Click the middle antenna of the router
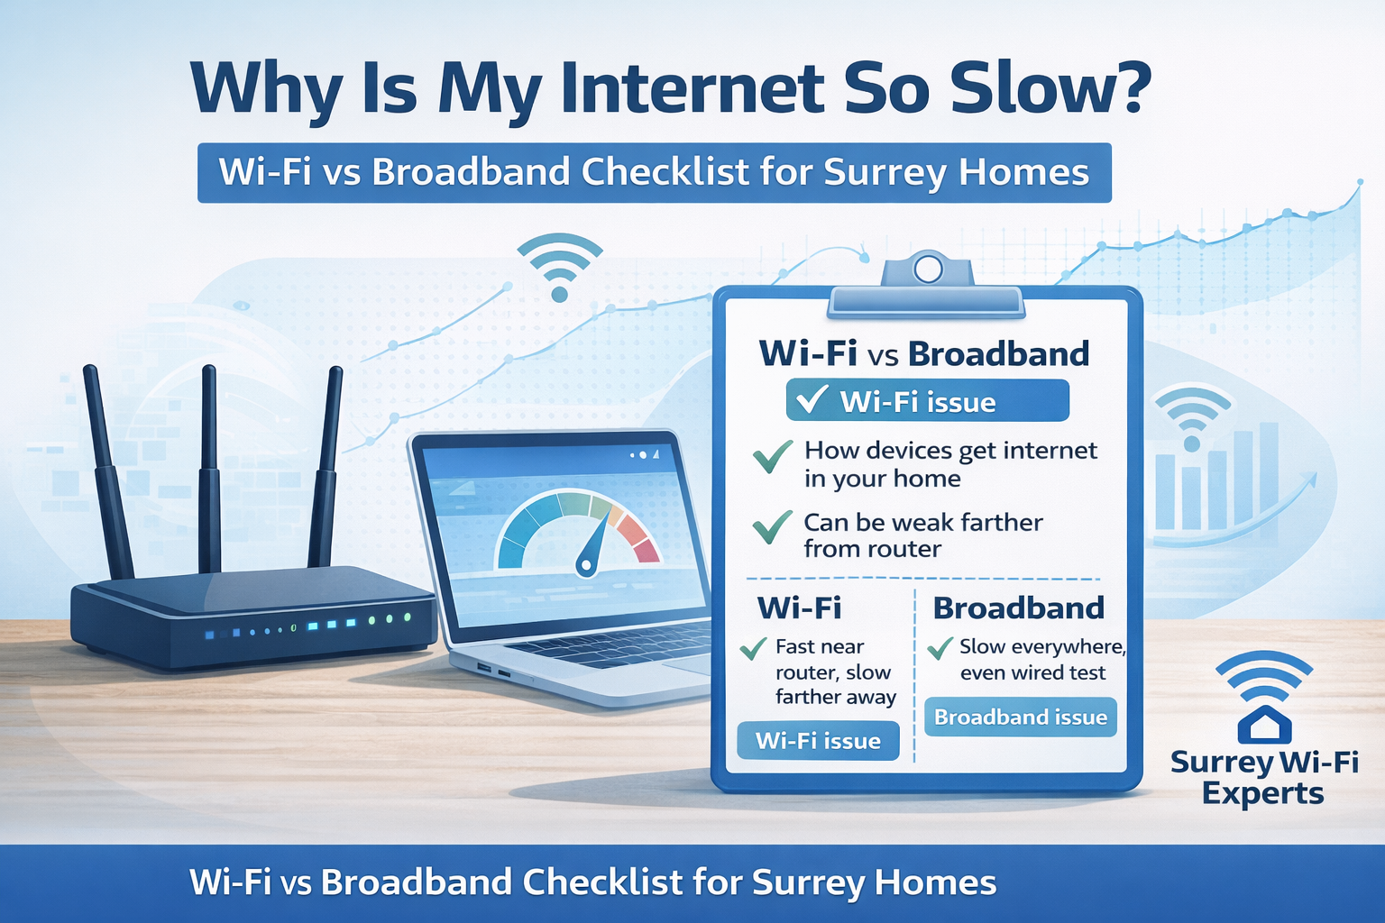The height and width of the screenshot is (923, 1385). pyautogui.click(x=209, y=469)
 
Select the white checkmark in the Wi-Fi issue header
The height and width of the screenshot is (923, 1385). pyautogui.click(x=812, y=399)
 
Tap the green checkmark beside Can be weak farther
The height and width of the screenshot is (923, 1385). pyautogui.click(x=772, y=527)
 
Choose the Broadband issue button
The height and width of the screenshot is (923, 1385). pyautogui.click(x=1020, y=717)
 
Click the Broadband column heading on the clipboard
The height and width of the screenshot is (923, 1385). pyautogui.click(x=1018, y=608)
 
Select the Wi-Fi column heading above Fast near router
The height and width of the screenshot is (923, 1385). pyautogui.click(x=799, y=608)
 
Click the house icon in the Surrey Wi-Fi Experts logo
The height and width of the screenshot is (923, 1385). pyautogui.click(x=1264, y=724)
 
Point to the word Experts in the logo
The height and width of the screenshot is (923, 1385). pyautogui.click(x=1262, y=794)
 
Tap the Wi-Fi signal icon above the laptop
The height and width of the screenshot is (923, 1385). pyautogui.click(x=559, y=266)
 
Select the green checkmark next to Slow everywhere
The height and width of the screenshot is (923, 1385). pyautogui.click(x=940, y=647)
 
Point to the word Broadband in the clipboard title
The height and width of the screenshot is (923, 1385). pyautogui.click(x=998, y=354)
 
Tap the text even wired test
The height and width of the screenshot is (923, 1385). pyautogui.click(x=1032, y=673)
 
